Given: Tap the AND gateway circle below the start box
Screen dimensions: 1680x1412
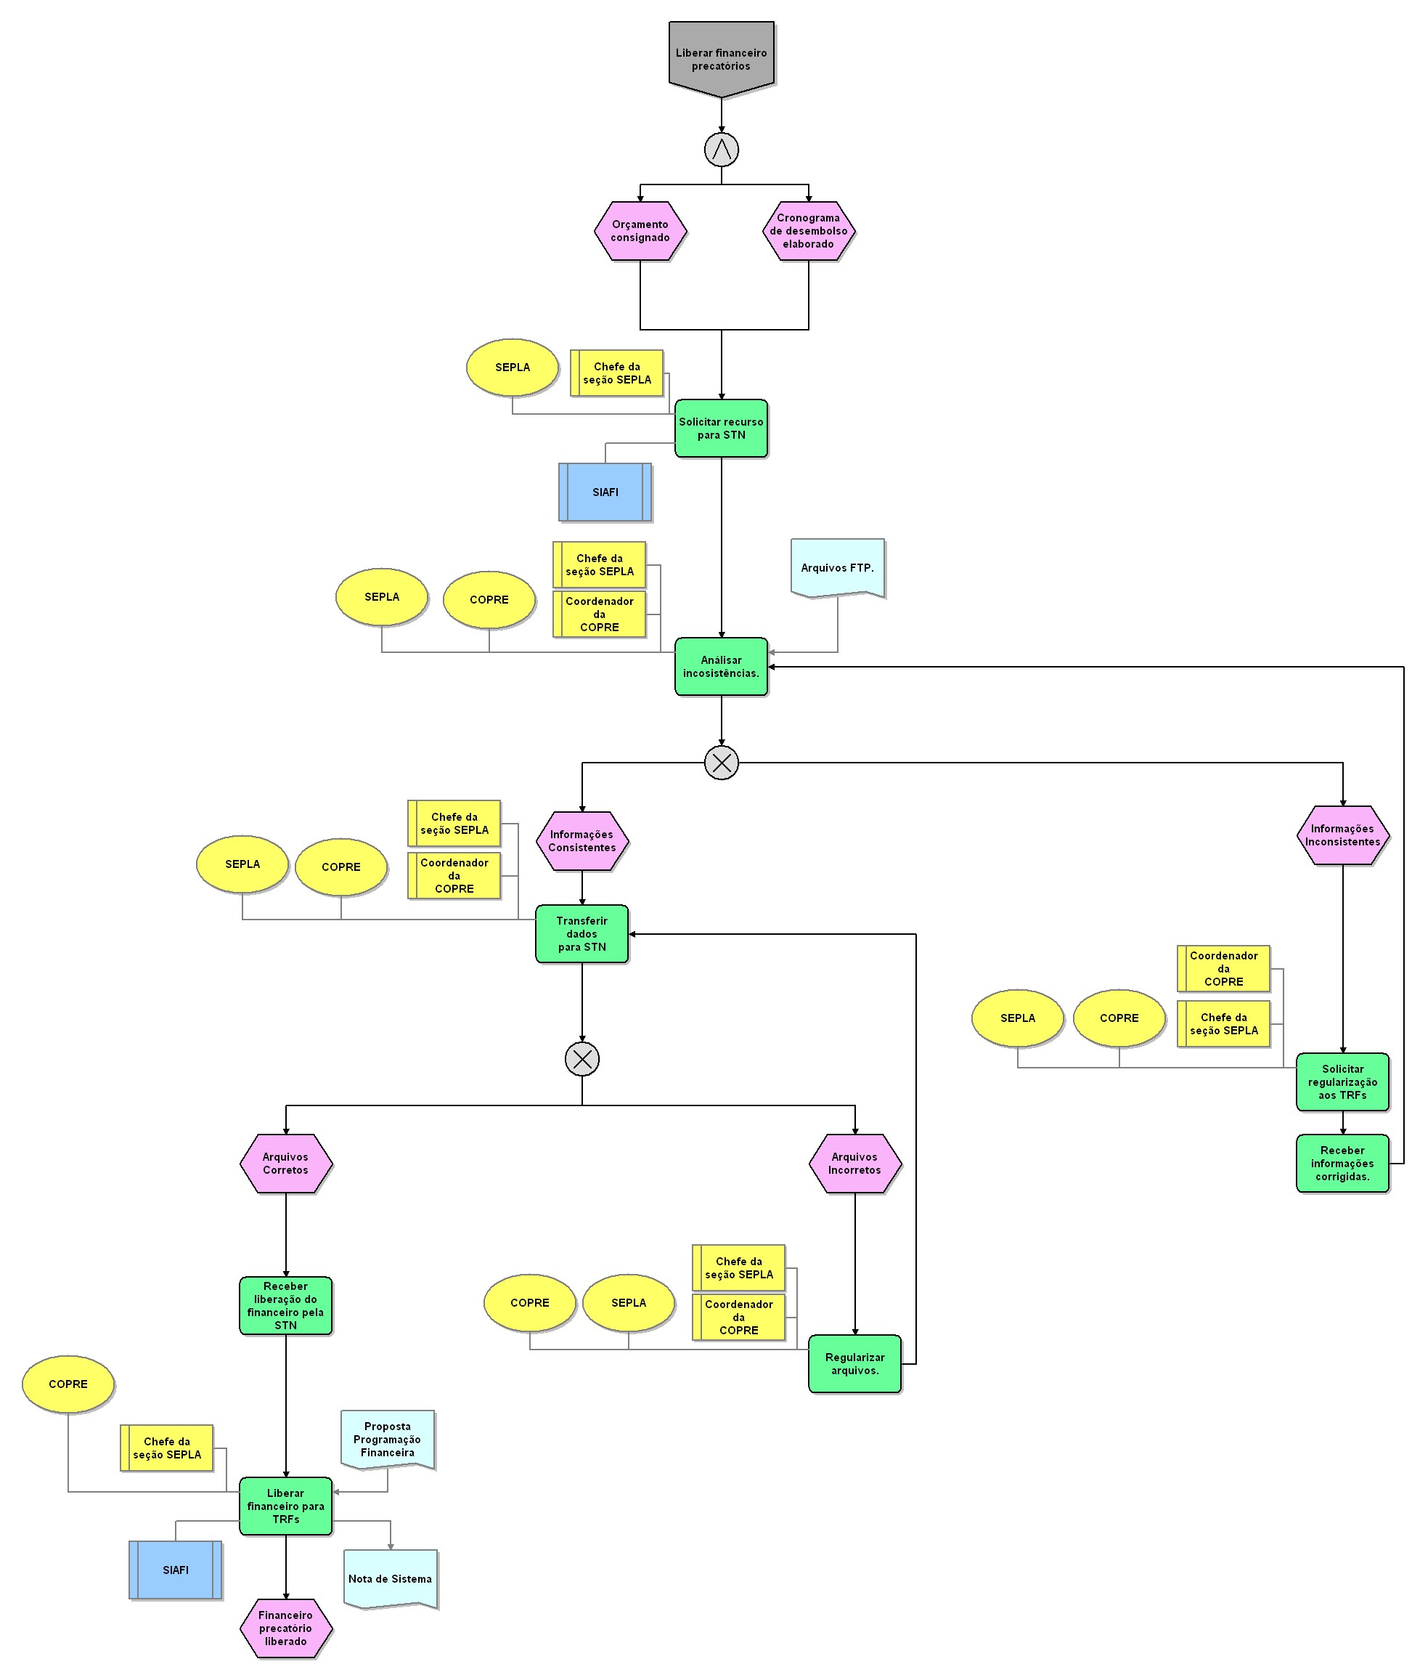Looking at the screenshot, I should coord(721,150).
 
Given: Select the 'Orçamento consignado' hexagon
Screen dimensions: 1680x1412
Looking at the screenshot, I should coord(640,232).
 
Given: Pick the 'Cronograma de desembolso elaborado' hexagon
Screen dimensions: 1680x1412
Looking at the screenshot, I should coord(809,232).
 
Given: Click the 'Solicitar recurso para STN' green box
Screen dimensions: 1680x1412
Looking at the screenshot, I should coord(721,429).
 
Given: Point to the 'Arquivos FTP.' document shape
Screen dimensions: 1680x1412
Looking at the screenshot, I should coord(837,568).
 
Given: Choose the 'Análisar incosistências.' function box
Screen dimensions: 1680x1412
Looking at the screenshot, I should coord(721,666).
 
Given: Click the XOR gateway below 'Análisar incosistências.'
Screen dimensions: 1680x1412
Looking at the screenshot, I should coord(721,763).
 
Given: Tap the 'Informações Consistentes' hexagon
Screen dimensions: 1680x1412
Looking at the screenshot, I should coord(582,841).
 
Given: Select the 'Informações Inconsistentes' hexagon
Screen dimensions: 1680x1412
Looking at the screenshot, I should coord(1342,835).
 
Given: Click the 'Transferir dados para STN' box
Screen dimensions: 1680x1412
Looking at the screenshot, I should coord(582,933).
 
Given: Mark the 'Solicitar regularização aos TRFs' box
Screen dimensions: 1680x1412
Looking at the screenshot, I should coord(1342,1082).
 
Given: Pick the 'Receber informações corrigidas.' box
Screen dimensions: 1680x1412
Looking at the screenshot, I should coord(1342,1164).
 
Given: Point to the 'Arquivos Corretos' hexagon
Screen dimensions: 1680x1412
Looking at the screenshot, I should coord(286,1164).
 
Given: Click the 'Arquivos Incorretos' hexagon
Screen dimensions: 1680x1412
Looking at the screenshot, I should coord(855,1164).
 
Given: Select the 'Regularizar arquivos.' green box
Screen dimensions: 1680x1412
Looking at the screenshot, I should coord(855,1364).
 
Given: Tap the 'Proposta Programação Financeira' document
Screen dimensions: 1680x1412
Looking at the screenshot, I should coord(388,1439).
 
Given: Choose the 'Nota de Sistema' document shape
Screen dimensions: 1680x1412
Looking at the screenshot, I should coord(391,1578).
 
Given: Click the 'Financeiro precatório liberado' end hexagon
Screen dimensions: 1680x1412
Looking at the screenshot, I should coord(286,1628).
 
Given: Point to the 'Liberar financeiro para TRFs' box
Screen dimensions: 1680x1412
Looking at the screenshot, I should coord(286,1506).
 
